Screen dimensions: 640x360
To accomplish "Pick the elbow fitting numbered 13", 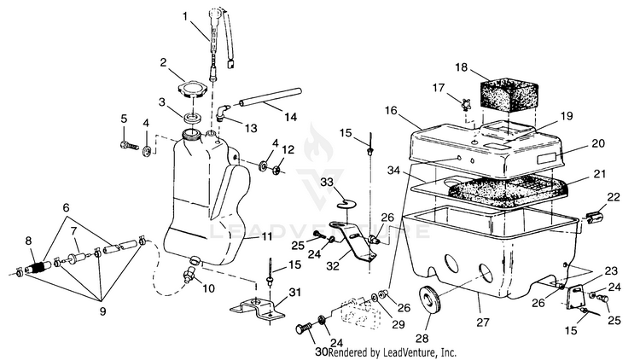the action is tap(223, 112).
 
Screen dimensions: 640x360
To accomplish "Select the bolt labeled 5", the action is tap(128, 145).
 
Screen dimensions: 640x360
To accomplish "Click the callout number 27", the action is tap(483, 322).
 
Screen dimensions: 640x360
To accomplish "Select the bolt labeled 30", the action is tap(305, 328).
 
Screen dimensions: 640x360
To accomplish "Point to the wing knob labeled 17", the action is tap(464, 104).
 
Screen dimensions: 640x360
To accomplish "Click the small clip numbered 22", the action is tap(593, 218).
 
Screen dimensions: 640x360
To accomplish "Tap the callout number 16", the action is tap(391, 110).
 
